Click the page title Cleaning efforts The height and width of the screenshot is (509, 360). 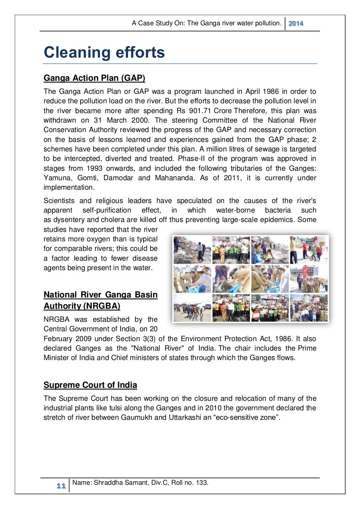pyautogui.click(x=104, y=53)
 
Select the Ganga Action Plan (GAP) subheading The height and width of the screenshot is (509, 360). pyautogui.click(x=94, y=78)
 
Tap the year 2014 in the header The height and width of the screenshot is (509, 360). pyautogui.click(x=296, y=24)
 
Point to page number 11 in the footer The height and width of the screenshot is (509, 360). pyautogui.click(x=61, y=486)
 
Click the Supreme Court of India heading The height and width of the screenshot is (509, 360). pyautogui.click(x=90, y=385)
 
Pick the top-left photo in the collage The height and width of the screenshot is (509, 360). pyautogui.click(x=192, y=250)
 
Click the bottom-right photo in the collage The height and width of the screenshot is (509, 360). pyautogui.click(x=309, y=308)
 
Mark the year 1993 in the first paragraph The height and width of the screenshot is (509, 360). pyautogui.click(x=95, y=168)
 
